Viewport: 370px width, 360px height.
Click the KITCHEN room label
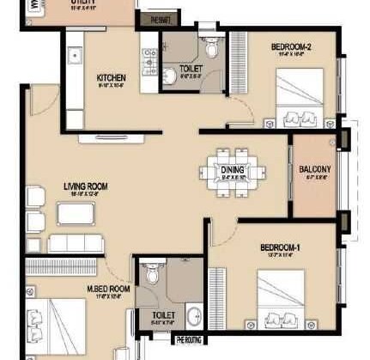click(112, 79)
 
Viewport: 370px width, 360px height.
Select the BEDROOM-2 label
click(292, 48)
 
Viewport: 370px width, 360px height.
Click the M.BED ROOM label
click(108, 290)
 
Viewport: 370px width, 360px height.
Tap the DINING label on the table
click(233, 170)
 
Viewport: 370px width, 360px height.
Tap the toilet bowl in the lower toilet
click(152, 274)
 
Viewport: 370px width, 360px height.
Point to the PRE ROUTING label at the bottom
click(190, 340)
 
